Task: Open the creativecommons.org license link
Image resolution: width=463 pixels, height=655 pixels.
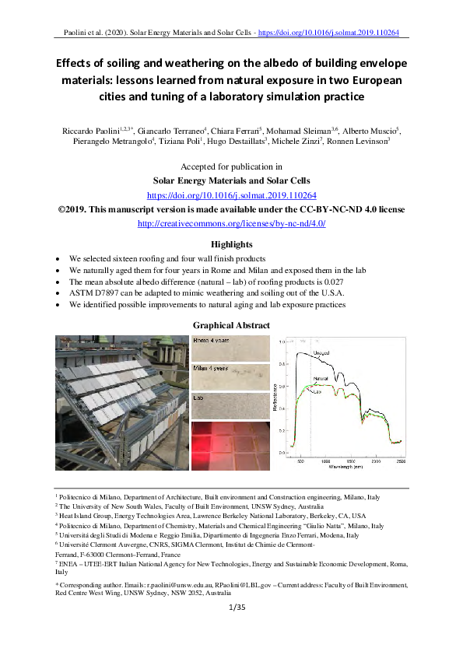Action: pos(231,223)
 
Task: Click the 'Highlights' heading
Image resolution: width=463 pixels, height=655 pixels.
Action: pos(231,244)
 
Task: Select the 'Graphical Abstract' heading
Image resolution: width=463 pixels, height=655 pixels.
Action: pos(231,325)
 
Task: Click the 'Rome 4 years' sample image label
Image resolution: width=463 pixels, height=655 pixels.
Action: pos(210,340)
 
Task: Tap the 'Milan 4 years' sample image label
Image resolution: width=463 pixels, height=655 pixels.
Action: pos(210,368)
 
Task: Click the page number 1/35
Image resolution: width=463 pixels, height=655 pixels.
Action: pos(231,608)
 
